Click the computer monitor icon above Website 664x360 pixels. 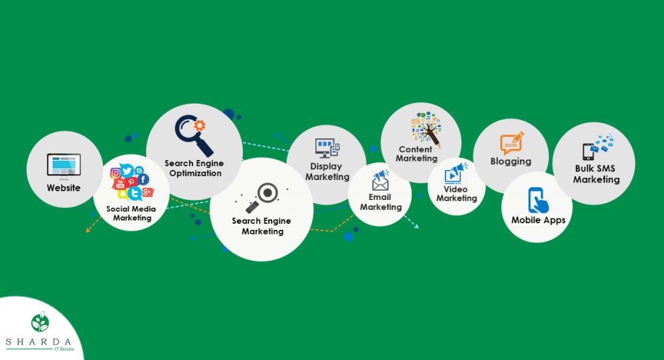[x=64, y=166]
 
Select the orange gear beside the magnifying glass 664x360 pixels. [x=199, y=125]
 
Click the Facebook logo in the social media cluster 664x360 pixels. [x=143, y=179]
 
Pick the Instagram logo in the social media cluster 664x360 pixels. [x=115, y=173]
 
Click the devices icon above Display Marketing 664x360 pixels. [x=327, y=148]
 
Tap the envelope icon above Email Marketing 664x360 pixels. [x=380, y=184]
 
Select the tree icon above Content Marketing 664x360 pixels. [x=426, y=128]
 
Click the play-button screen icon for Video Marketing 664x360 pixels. [x=453, y=175]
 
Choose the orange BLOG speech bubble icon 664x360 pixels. [x=511, y=143]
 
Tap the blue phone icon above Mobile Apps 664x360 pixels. [x=537, y=201]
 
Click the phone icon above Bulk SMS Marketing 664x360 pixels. [x=588, y=151]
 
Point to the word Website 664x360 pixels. [x=64, y=187]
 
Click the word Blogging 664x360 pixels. [x=511, y=161]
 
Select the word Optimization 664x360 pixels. [x=195, y=173]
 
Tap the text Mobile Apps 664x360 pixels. [x=539, y=221]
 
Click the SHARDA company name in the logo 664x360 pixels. [x=39, y=342]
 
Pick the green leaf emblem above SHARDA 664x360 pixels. [x=41, y=322]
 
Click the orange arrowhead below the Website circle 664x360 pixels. [x=88, y=230]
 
